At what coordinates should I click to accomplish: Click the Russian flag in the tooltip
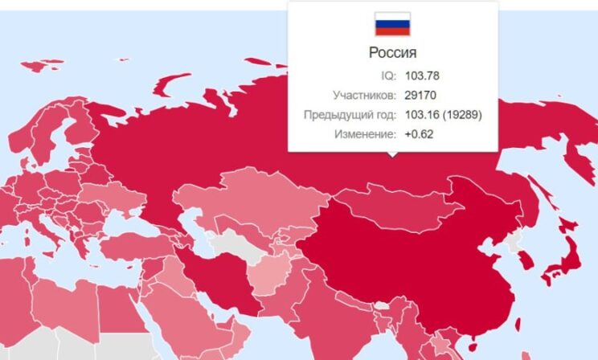coord(392,24)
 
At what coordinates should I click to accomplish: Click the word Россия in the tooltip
coord(392,54)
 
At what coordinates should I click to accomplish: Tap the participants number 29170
coord(420,96)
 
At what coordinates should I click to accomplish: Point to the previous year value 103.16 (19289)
coord(443,115)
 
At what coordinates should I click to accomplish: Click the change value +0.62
coord(419,134)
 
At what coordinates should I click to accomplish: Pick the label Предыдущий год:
coord(350,115)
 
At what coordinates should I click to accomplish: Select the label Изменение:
coord(365,134)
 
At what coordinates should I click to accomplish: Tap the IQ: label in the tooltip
coord(388,76)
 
